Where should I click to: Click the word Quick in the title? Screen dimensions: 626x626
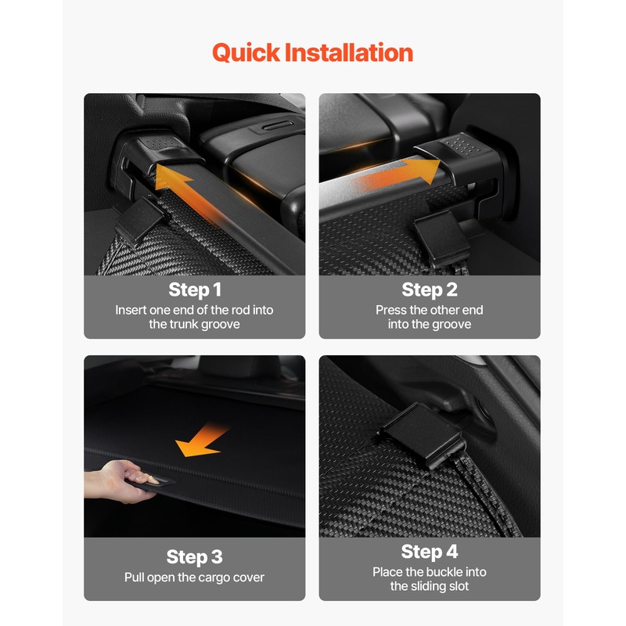tap(246, 53)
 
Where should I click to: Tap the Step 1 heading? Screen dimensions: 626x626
tap(194, 290)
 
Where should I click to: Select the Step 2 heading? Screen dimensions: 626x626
tap(429, 290)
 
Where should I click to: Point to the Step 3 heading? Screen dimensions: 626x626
tap(194, 557)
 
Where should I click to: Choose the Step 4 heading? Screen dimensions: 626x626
tap(429, 552)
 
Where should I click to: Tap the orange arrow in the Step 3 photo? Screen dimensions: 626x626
tap(202, 441)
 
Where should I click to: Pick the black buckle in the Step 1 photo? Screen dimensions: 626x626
tap(139, 225)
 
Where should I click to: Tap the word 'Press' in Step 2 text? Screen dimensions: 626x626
tap(391, 310)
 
